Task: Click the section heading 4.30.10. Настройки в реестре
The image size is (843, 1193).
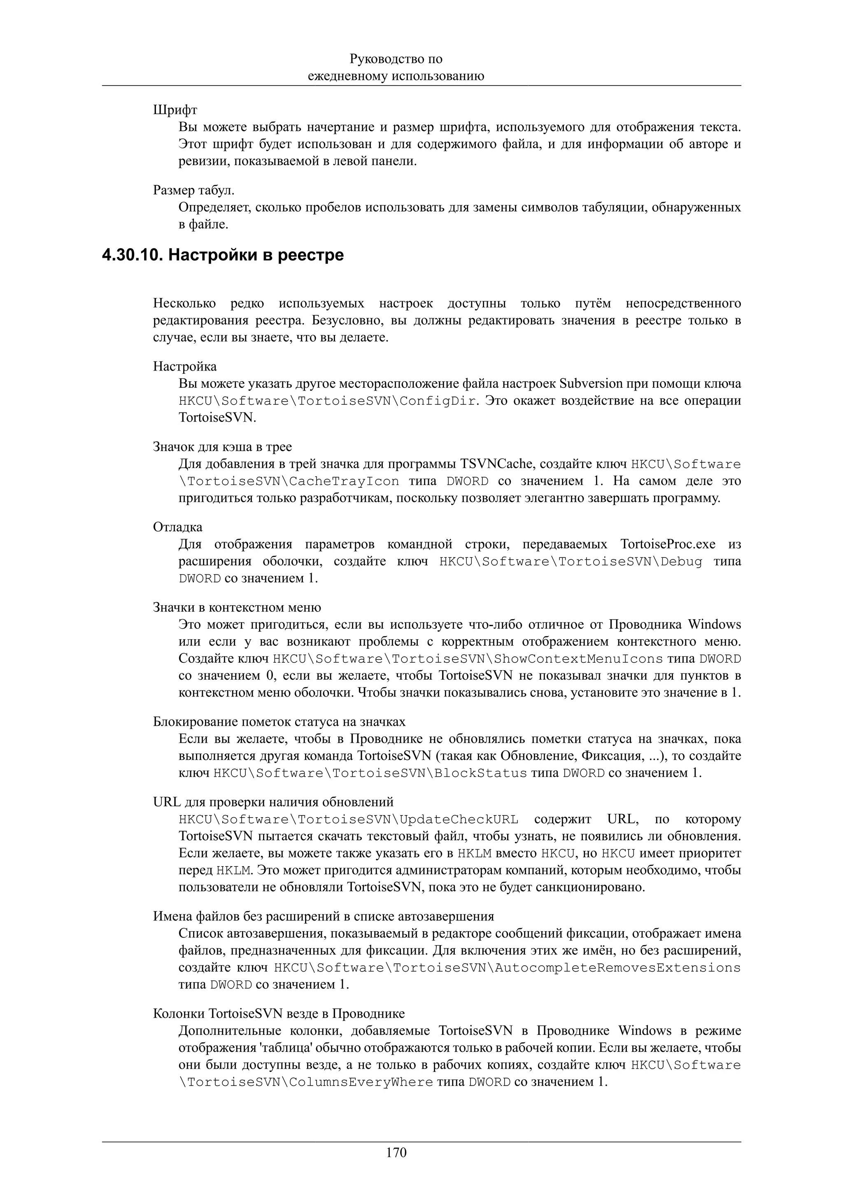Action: pos(223,255)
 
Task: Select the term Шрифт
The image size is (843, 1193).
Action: pos(175,110)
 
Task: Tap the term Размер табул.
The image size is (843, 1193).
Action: pos(194,191)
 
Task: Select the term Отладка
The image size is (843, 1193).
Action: pos(178,527)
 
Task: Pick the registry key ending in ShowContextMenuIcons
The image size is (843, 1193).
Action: pos(468,659)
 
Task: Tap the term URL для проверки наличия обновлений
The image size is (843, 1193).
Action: pos(273,802)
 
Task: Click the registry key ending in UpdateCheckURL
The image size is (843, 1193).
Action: pos(348,819)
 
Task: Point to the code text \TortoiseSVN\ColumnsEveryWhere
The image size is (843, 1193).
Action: pos(305,1082)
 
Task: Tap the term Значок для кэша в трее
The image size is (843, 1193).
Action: pos(222,447)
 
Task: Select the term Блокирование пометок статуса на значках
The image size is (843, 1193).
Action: pos(279,722)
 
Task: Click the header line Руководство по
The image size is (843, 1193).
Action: pos(396,59)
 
